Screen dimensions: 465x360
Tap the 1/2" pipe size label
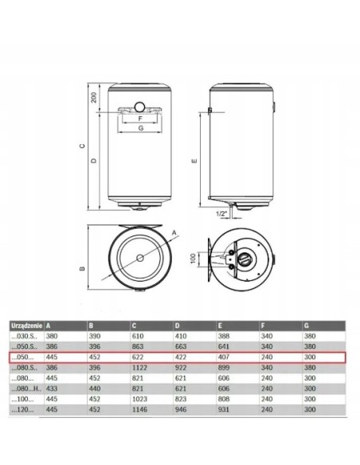click(x=221, y=214)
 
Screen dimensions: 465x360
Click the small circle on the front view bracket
click(x=139, y=106)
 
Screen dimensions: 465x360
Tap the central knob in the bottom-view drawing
click(x=244, y=260)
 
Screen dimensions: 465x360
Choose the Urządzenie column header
click(x=25, y=326)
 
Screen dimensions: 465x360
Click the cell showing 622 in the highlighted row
click(x=139, y=359)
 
